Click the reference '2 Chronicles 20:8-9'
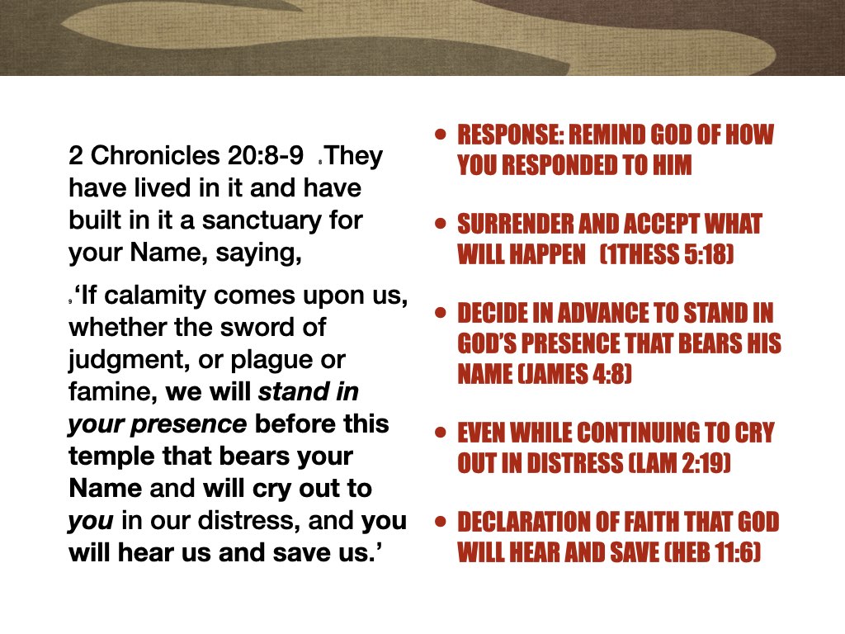pos(186,156)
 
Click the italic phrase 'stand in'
pos(309,392)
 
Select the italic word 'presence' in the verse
pos(197,424)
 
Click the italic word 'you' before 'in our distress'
pos(92,521)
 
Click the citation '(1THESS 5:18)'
pos(667,254)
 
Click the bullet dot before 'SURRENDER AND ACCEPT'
pos(440,223)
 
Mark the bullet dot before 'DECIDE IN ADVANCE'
pos(440,313)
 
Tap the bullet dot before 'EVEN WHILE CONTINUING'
pos(440,432)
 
